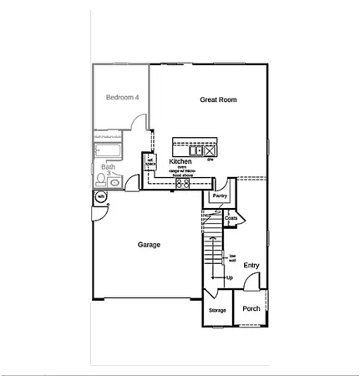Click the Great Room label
[218, 99]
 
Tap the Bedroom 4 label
[122, 98]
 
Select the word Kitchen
[180, 161]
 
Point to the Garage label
[149, 245]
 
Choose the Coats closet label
[231, 218]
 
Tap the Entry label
[251, 266]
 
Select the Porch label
[251, 309]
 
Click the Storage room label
[217, 310]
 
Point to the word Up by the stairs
[229, 277]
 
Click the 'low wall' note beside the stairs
[233, 258]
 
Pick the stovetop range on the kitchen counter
[181, 183]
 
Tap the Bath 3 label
[109, 169]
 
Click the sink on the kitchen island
[195, 150]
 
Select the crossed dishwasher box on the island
[210, 150]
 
